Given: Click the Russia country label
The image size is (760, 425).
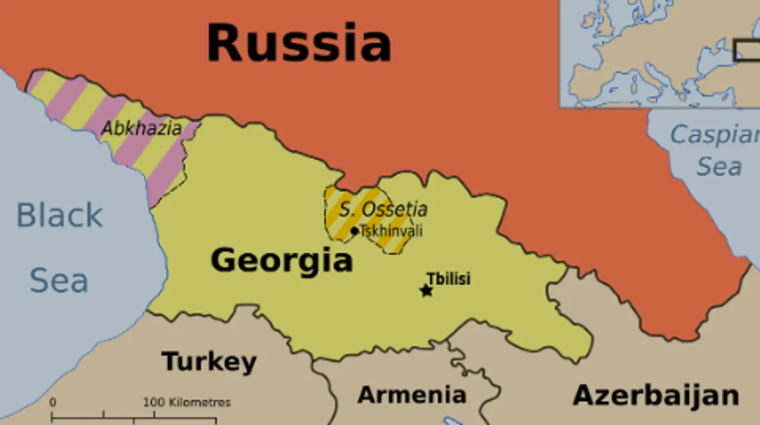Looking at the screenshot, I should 299,43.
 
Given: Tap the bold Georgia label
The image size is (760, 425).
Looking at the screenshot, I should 281,260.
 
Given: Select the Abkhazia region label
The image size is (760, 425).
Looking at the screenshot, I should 141,128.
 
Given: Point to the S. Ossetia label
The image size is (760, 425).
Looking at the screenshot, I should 383,209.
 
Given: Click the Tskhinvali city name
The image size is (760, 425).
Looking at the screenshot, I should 391,230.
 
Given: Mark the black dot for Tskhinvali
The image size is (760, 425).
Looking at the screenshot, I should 354,231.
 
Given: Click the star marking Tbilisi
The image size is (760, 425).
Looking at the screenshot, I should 426,290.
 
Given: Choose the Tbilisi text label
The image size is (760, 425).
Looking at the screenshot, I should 448,278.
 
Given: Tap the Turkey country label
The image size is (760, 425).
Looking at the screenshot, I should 209,361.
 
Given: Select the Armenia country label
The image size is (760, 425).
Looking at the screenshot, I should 411,394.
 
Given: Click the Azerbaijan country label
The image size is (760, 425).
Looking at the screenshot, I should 655,395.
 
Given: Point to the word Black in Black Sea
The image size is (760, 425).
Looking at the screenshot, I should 59,215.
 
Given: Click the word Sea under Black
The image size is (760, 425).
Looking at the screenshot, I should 59,280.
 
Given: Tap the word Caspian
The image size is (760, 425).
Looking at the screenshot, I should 715,135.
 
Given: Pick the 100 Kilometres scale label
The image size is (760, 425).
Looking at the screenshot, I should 186,402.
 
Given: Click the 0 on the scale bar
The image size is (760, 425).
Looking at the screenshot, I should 52,402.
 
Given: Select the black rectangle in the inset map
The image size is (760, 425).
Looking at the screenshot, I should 747,50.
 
